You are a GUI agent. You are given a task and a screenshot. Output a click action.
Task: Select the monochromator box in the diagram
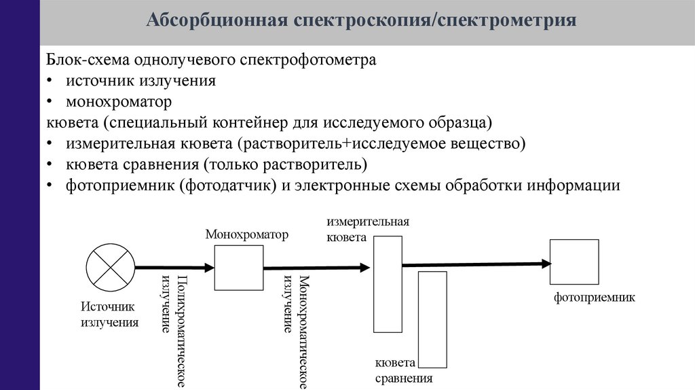coord(239,268)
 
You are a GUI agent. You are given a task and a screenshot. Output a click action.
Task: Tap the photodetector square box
coord(574,262)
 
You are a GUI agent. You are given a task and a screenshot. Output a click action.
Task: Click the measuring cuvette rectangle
coord(388,284)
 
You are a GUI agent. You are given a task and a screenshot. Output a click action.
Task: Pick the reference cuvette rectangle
coord(432,319)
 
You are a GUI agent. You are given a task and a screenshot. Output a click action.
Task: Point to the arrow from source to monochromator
coord(175,268)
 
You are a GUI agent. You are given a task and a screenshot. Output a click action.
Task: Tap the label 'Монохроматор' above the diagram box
coord(247,234)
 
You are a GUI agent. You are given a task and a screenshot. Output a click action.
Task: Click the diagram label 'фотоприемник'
coord(595,298)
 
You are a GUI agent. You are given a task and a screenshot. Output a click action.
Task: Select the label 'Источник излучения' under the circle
coord(109,315)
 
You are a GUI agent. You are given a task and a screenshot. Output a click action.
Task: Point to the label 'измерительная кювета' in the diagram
coord(368,230)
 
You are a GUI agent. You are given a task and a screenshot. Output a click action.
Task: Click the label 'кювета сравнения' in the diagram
coord(404,370)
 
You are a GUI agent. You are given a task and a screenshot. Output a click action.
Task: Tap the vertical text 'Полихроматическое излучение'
coord(174,332)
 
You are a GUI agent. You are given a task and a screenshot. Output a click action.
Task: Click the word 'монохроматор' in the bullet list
coord(119,102)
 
